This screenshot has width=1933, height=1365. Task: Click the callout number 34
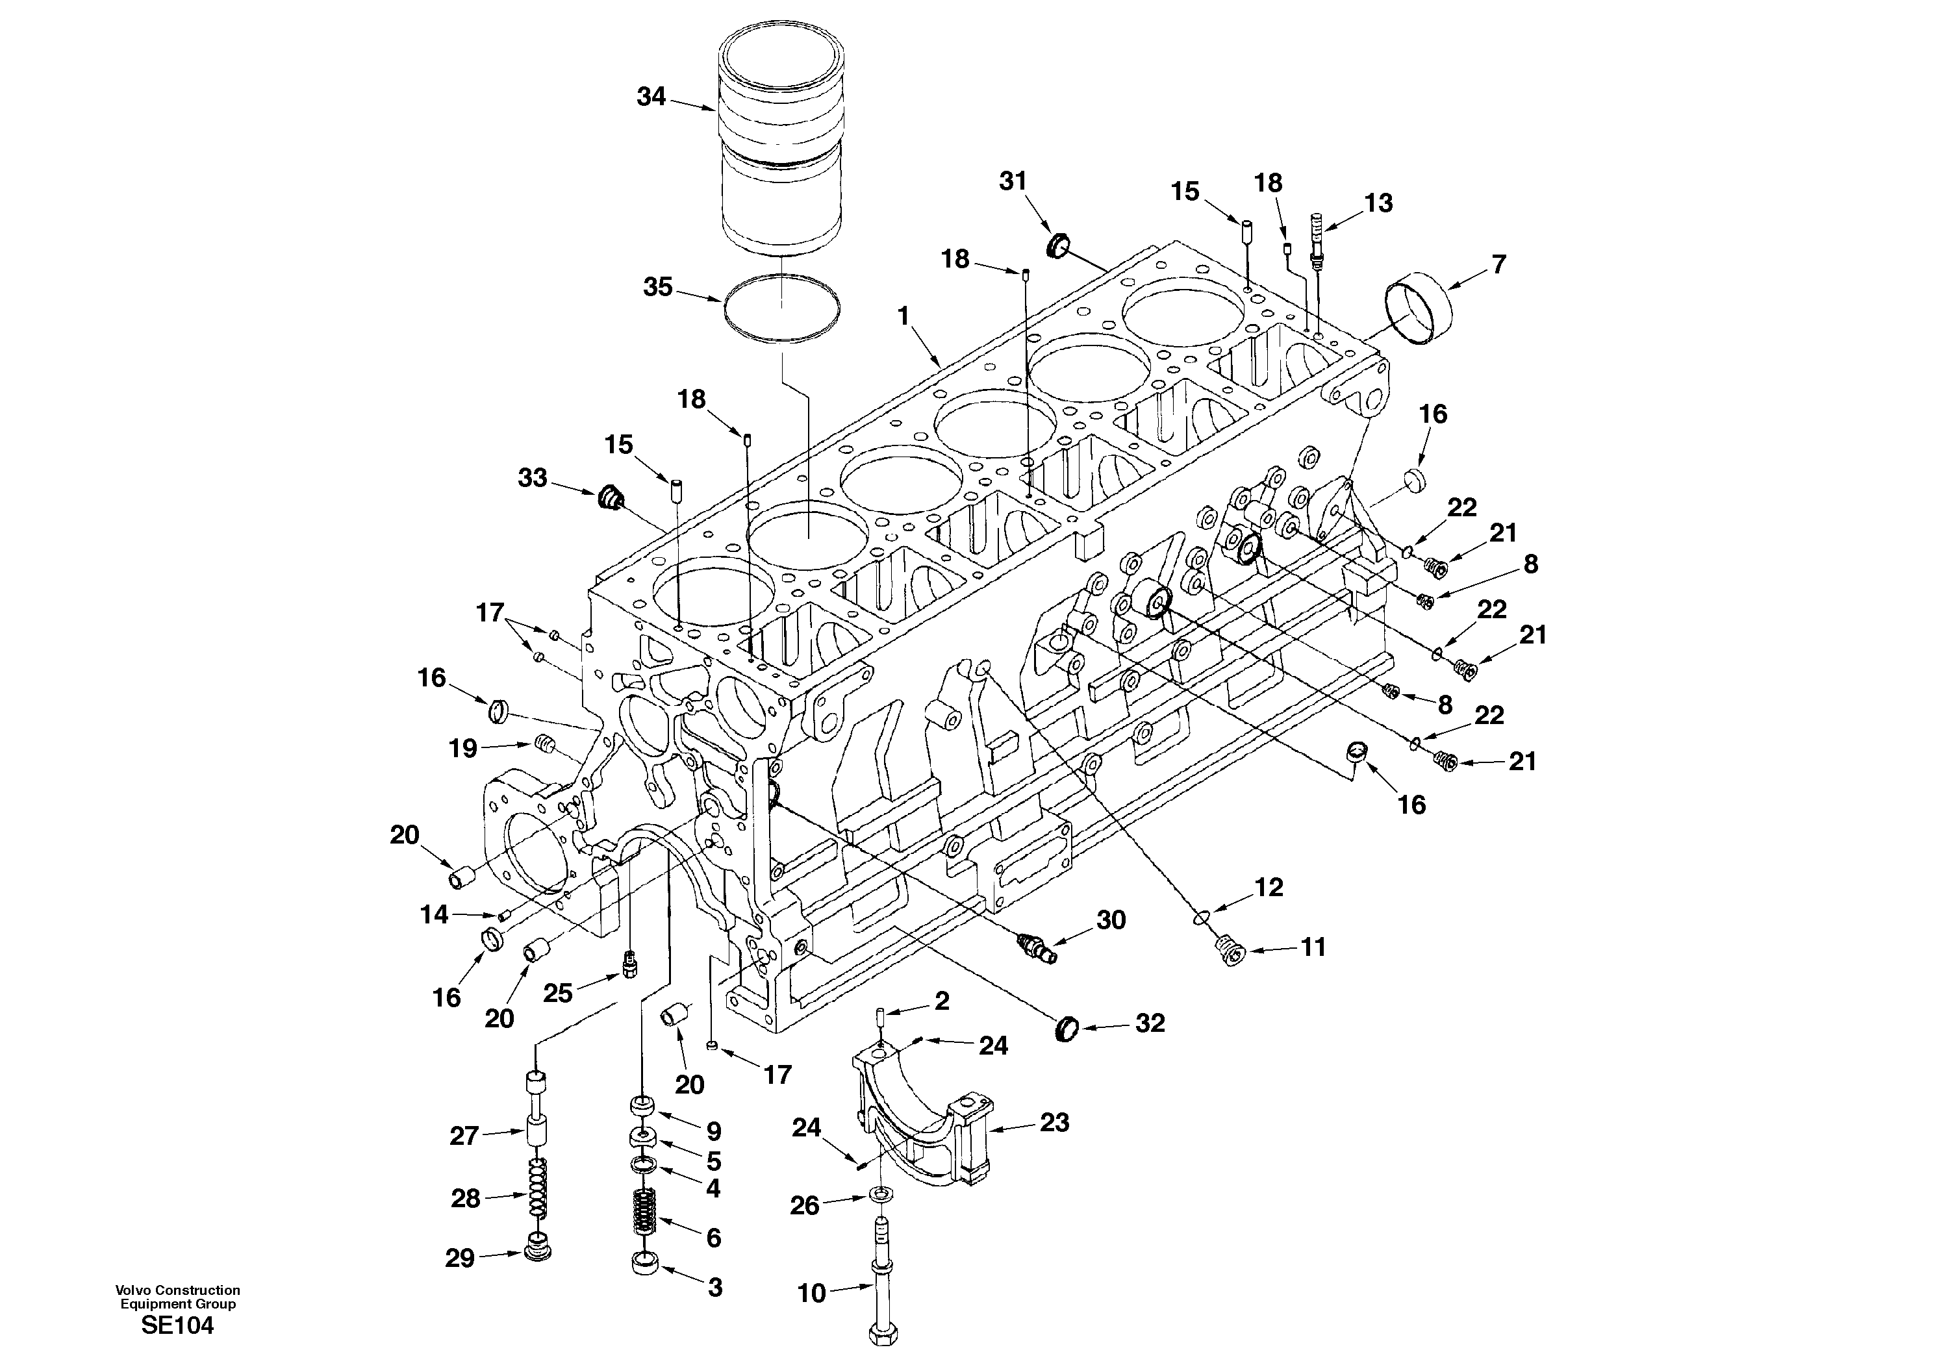(x=651, y=97)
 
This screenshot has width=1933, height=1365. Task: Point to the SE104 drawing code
(x=177, y=1325)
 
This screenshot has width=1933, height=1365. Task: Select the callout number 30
(x=1111, y=920)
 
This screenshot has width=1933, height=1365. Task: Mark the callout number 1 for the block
(x=903, y=316)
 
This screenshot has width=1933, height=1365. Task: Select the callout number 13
(x=1378, y=203)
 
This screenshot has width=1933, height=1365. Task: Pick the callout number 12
(x=1269, y=886)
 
